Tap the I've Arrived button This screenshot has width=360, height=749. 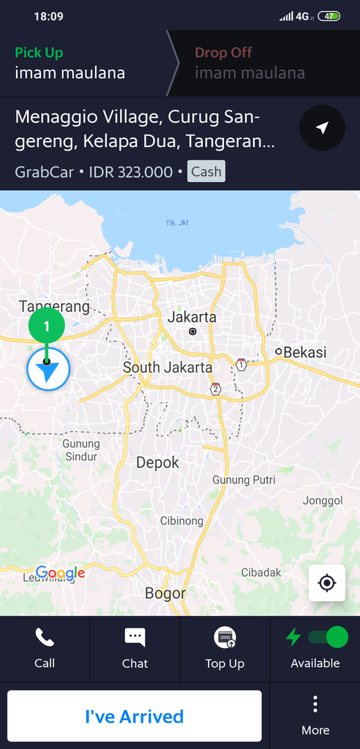(x=135, y=716)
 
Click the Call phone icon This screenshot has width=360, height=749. (x=45, y=638)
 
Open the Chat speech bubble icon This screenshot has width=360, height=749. (x=135, y=638)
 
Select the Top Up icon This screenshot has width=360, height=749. (x=225, y=638)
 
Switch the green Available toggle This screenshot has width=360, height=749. (x=327, y=637)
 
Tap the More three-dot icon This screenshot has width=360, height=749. (x=315, y=704)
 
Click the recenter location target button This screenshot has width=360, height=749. (x=327, y=583)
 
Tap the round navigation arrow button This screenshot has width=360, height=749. (x=322, y=128)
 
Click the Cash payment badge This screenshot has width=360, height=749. (x=206, y=172)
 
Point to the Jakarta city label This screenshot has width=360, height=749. (x=192, y=317)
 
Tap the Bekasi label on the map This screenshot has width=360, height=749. (x=304, y=353)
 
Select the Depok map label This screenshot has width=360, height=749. (x=157, y=462)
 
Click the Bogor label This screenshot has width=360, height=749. (x=165, y=593)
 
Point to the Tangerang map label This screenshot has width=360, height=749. (x=54, y=307)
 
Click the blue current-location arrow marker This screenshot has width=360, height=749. (x=48, y=370)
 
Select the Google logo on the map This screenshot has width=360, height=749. (x=61, y=573)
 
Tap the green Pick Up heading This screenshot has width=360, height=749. (x=39, y=53)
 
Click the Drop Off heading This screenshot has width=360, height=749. (x=223, y=53)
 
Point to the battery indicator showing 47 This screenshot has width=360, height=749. (x=329, y=16)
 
